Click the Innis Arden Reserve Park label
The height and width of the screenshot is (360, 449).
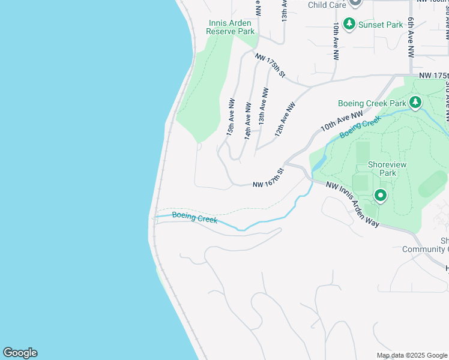(231, 28)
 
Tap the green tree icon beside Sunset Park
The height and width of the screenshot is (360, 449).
(349, 25)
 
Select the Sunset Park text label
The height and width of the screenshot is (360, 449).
(380, 25)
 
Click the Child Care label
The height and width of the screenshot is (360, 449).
(327, 5)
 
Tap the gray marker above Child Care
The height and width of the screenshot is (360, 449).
(355, 2)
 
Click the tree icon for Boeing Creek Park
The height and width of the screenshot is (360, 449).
(415, 103)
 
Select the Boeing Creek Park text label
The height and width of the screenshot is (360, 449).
(372, 103)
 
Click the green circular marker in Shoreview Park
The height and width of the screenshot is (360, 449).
(381, 195)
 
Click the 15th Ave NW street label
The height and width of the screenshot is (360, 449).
(231, 118)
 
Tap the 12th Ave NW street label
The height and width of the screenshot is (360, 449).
(286, 118)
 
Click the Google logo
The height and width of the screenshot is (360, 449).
(20, 353)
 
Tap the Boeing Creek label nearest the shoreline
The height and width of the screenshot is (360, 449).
(194, 218)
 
